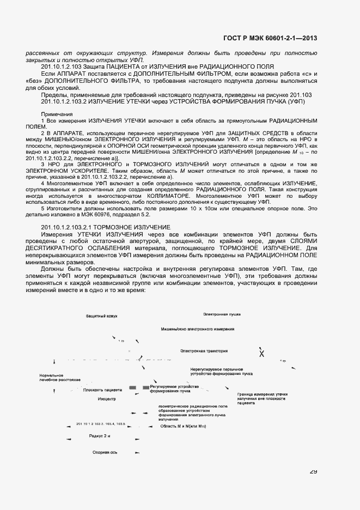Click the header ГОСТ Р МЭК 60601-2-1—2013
point(270,38)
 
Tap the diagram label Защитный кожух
point(101,316)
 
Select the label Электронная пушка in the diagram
point(222,314)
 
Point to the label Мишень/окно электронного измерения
point(197,330)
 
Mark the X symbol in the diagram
point(261,354)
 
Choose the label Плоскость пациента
point(102,390)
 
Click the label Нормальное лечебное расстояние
point(60,377)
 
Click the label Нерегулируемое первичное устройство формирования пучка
point(221,372)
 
